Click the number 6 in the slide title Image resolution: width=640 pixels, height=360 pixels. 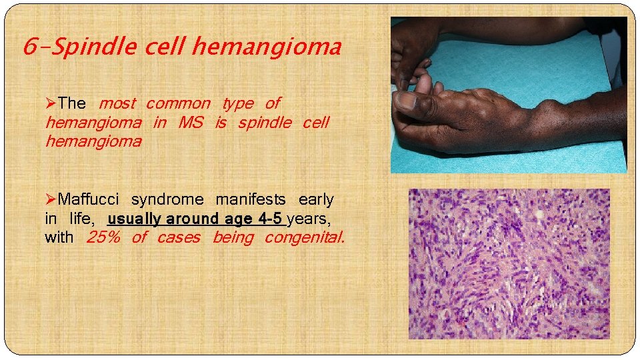tap(29, 47)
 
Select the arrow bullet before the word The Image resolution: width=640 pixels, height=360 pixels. tap(51, 103)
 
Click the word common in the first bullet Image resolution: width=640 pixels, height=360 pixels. tap(177, 103)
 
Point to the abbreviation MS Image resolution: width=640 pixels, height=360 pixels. tap(191, 123)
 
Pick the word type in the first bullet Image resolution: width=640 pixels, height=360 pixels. tap(237, 103)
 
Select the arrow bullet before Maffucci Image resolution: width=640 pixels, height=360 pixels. tap(51, 199)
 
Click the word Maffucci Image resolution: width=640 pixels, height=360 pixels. tap(89, 199)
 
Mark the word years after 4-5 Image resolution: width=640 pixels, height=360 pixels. tap(308, 218)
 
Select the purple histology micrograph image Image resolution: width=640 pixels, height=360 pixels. tap(509, 263)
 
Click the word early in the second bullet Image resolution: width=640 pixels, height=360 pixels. tap(316, 199)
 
